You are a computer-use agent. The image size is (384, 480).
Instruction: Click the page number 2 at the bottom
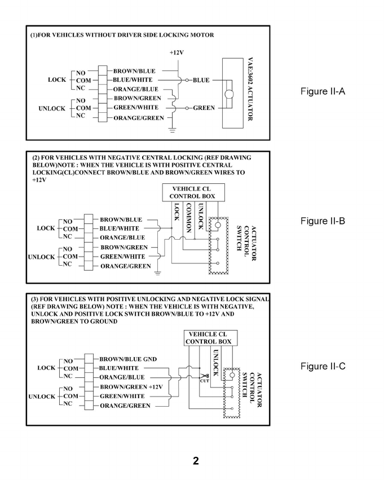click(x=195, y=461)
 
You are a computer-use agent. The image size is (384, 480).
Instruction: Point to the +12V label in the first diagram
click(x=177, y=52)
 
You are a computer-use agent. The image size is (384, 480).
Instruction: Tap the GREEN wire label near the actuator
click(x=204, y=108)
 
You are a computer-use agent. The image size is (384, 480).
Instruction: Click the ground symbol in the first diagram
click(x=172, y=129)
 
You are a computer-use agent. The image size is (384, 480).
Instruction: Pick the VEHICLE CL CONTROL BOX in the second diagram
click(x=192, y=192)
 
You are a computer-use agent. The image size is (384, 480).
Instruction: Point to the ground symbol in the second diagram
click(x=158, y=274)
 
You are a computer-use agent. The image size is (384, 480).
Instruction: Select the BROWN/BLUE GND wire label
click(x=128, y=359)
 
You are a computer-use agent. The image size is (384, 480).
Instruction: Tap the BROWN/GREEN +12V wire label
click(x=131, y=386)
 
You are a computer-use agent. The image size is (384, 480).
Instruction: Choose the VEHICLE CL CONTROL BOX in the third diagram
click(x=211, y=338)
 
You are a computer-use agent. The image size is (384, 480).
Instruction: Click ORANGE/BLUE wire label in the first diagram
click(x=136, y=89)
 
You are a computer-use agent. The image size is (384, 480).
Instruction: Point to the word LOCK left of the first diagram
click(x=57, y=80)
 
